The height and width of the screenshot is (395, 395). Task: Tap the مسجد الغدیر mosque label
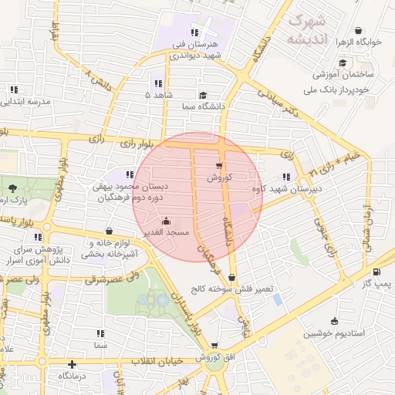point(161,231)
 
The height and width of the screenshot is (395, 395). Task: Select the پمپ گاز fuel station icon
point(376,272)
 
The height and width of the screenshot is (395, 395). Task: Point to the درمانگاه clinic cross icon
point(72,364)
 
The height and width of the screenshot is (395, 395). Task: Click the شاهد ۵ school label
point(158,94)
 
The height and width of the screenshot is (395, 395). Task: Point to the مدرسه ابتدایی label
point(28,101)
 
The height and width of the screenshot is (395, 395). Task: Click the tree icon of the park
point(11,188)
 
